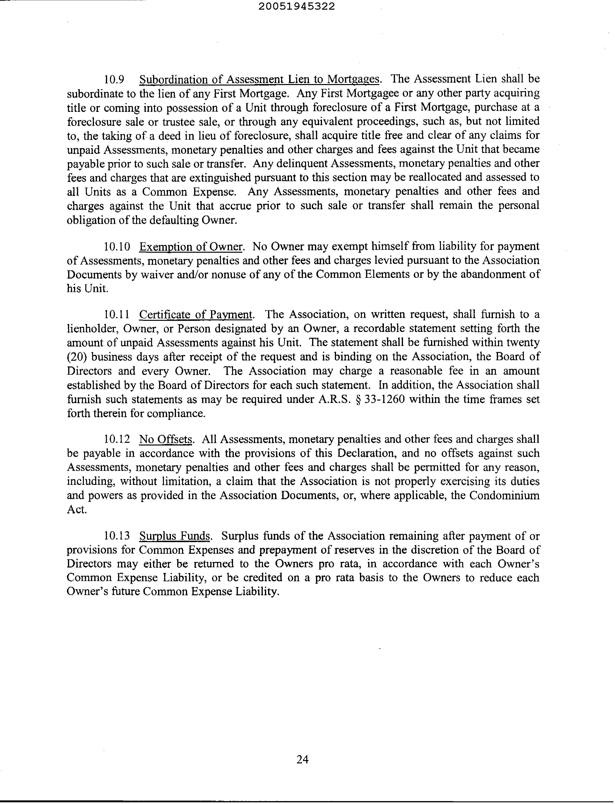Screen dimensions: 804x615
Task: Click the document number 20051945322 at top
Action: point(297,7)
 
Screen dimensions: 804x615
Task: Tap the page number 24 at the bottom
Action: point(302,760)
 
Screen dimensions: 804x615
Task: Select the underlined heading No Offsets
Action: point(166,439)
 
